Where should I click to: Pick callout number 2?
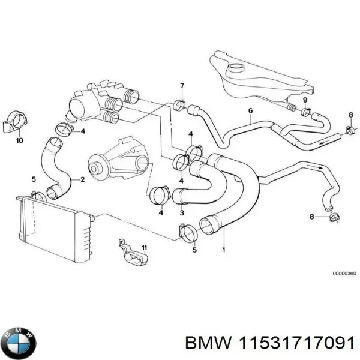tap(83, 179)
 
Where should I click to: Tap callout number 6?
tap(250, 110)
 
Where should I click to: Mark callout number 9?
tap(305, 100)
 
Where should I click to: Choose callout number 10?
tap(19, 142)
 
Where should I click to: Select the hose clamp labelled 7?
tap(179, 106)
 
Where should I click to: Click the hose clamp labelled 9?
tap(306, 112)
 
